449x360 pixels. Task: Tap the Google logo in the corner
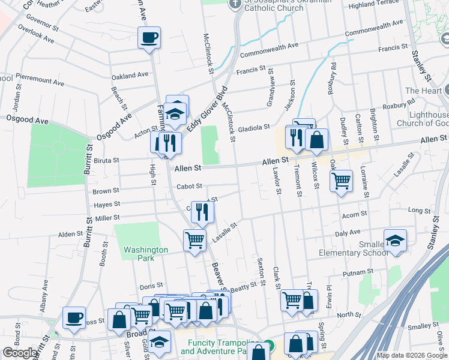coord(20,353)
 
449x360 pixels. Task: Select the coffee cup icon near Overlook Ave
coord(149,38)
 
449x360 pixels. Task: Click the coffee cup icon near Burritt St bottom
coord(74,317)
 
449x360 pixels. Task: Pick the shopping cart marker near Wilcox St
coord(341,179)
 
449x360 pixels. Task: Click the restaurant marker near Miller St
coord(202,211)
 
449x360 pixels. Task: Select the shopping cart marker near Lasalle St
coord(194,240)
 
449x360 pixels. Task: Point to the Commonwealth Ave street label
coord(269,49)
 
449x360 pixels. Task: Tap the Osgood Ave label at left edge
coord(27,120)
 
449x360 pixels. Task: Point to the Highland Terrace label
coord(373,5)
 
